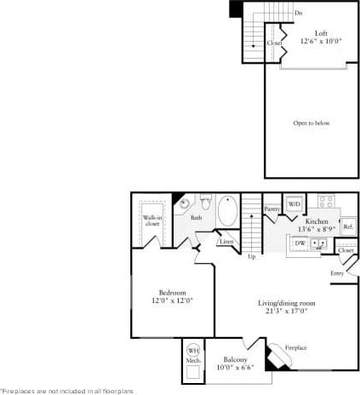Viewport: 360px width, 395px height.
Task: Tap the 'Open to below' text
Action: coord(311,123)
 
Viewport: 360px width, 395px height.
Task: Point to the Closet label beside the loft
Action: coord(274,43)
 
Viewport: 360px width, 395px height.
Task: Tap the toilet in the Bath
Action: coord(205,202)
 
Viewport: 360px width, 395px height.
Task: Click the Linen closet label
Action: coord(226,242)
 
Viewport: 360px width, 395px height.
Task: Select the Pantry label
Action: coord(272,209)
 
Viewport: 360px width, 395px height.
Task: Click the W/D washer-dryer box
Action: coord(294,204)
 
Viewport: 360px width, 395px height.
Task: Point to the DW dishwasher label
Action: coord(300,243)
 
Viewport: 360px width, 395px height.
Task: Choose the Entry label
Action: coord(338,273)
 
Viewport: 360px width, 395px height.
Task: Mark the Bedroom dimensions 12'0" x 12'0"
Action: coord(173,301)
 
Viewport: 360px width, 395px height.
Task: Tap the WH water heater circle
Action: coord(193,350)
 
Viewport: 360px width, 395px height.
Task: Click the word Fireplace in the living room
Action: coord(296,347)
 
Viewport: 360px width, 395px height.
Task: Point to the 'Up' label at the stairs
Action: coord(251,256)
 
